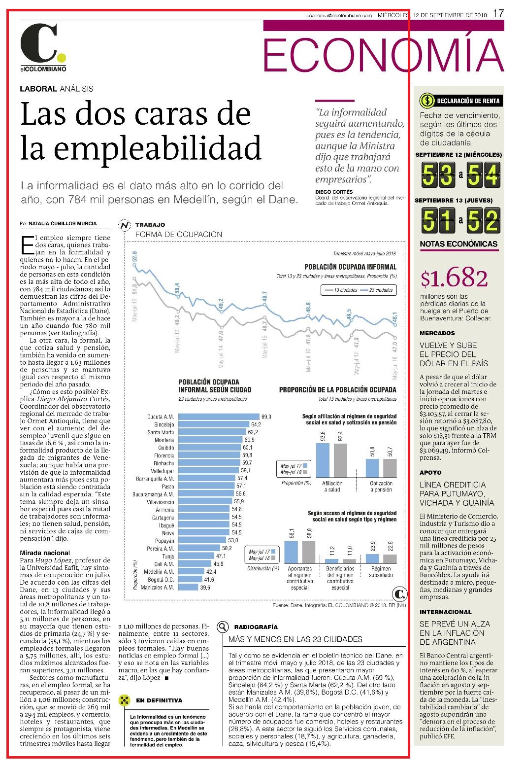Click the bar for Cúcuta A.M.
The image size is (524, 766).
pyautogui.click(x=219, y=417)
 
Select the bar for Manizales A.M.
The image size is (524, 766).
pyautogui.click(x=188, y=587)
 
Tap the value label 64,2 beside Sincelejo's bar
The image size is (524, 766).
pyautogui.click(x=256, y=424)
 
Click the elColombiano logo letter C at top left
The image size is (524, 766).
pyautogui.click(x=39, y=42)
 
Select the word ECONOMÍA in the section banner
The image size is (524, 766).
pyautogui.click(x=383, y=55)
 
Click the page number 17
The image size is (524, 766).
pyautogui.click(x=498, y=14)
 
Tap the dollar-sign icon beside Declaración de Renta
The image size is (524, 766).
pyautogui.click(x=426, y=101)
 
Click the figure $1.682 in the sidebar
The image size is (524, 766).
pyautogui.click(x=455, y=278)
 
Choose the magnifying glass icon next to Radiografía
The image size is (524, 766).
pyautogui.click(x=223, y=627)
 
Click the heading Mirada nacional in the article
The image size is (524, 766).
pyautogui.click(x=45, y=553)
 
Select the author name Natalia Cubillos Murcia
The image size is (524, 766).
pyautogui.click(x=63, y=224)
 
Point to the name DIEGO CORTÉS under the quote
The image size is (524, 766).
pyautogui.click(x=334, y=192)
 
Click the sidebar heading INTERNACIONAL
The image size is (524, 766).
pyautogui.click(x=445, y=612)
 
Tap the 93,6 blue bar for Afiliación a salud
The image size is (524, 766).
pyautogui.click(x=323, y=460)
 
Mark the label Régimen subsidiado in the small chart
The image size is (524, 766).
pyautogui.click(x=381, y=572)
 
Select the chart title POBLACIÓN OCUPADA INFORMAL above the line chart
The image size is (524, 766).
pyautogui.click(x=351, y=267)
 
